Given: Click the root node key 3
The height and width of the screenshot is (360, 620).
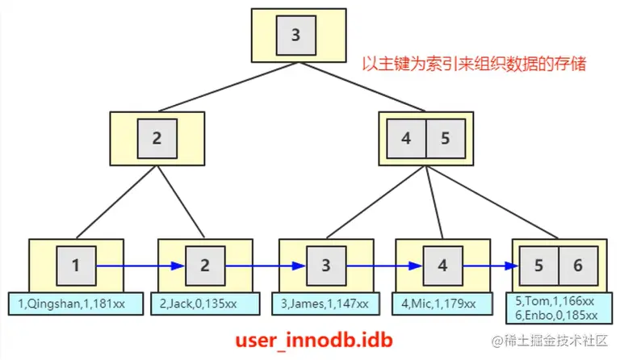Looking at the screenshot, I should tap(295, 36).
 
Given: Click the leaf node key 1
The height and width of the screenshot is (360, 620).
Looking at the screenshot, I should tap(76, 265).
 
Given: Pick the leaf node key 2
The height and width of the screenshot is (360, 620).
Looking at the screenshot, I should tap(205, 265).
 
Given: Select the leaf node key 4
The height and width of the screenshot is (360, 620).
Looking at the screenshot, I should tap(442, 265).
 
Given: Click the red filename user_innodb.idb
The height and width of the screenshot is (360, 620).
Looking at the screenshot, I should tap(313, 340).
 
